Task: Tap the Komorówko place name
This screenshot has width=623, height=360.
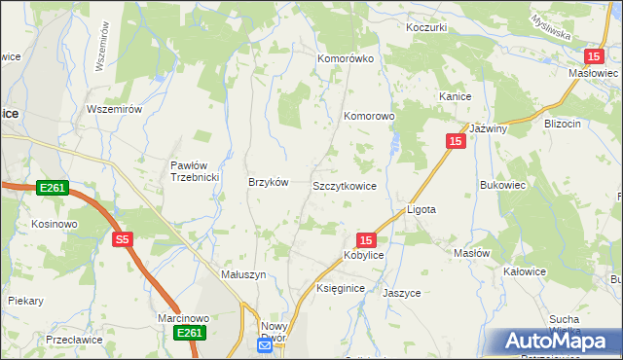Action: [x=346, y=58]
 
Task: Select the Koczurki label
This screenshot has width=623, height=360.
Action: [x=427, y=27]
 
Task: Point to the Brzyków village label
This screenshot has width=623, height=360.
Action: [x=269, y=183]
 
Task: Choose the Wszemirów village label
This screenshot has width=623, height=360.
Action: [x=115, y=109]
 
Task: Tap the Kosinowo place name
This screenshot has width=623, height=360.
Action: [x=54, y=224]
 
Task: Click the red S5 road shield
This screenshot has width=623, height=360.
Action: [x=122, y=239]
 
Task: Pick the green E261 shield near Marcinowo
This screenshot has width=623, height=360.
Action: [x=189, y=334]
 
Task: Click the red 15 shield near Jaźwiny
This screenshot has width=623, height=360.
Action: [x=456, y=141]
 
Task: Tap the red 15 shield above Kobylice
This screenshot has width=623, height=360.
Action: [x=365, y=239]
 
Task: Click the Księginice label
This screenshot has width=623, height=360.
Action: [x=341, y=289]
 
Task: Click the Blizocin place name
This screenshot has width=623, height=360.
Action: [x=564, y=124]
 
